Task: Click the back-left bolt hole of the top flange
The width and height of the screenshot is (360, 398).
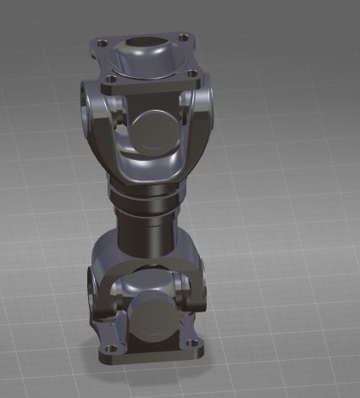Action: [102, 42]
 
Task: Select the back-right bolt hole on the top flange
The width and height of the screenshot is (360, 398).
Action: [181, 36]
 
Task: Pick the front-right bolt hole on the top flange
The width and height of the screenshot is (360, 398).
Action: [192, 74]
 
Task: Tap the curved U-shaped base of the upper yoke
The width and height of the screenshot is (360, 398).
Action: [149, 169]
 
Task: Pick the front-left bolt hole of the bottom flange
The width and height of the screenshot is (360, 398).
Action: [108, 348]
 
